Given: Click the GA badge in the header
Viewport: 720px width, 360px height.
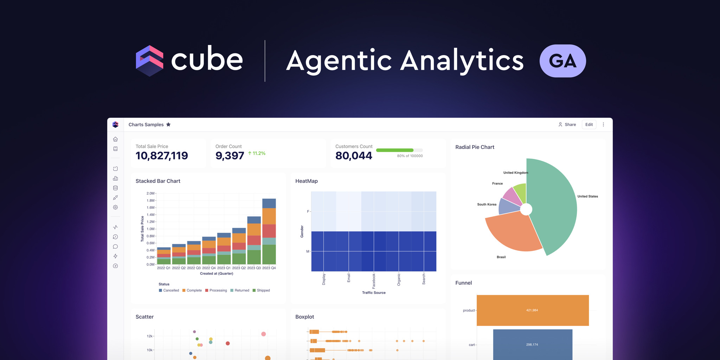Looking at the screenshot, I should click(562, 61).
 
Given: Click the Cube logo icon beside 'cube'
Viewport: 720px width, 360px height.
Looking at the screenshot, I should click(149, 60).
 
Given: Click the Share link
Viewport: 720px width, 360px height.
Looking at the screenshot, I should click(567, 124).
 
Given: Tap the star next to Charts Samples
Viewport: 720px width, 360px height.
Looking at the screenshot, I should click(168, 124).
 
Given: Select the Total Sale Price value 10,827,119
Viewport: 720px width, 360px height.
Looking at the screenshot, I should click(162, 155).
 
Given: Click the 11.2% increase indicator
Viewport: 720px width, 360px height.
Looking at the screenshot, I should click(257, 153).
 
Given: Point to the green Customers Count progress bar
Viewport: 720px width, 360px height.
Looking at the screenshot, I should click(394, 150).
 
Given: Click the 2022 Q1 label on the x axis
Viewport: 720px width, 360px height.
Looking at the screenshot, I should click(163, 268).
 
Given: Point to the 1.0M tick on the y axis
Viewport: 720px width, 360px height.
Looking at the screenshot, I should click(150, 229).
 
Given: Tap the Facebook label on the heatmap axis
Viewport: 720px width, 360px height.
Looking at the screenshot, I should click(374, 281).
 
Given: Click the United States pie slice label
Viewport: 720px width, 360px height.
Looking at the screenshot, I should click(587, 197).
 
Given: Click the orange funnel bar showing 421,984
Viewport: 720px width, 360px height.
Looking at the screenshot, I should click(532, 310).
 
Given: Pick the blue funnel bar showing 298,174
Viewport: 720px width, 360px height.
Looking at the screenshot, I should click(532, 344).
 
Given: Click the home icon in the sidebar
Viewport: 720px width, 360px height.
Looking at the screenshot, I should click(115, 139).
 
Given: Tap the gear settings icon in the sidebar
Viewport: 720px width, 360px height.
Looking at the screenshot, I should click(115, 207).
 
